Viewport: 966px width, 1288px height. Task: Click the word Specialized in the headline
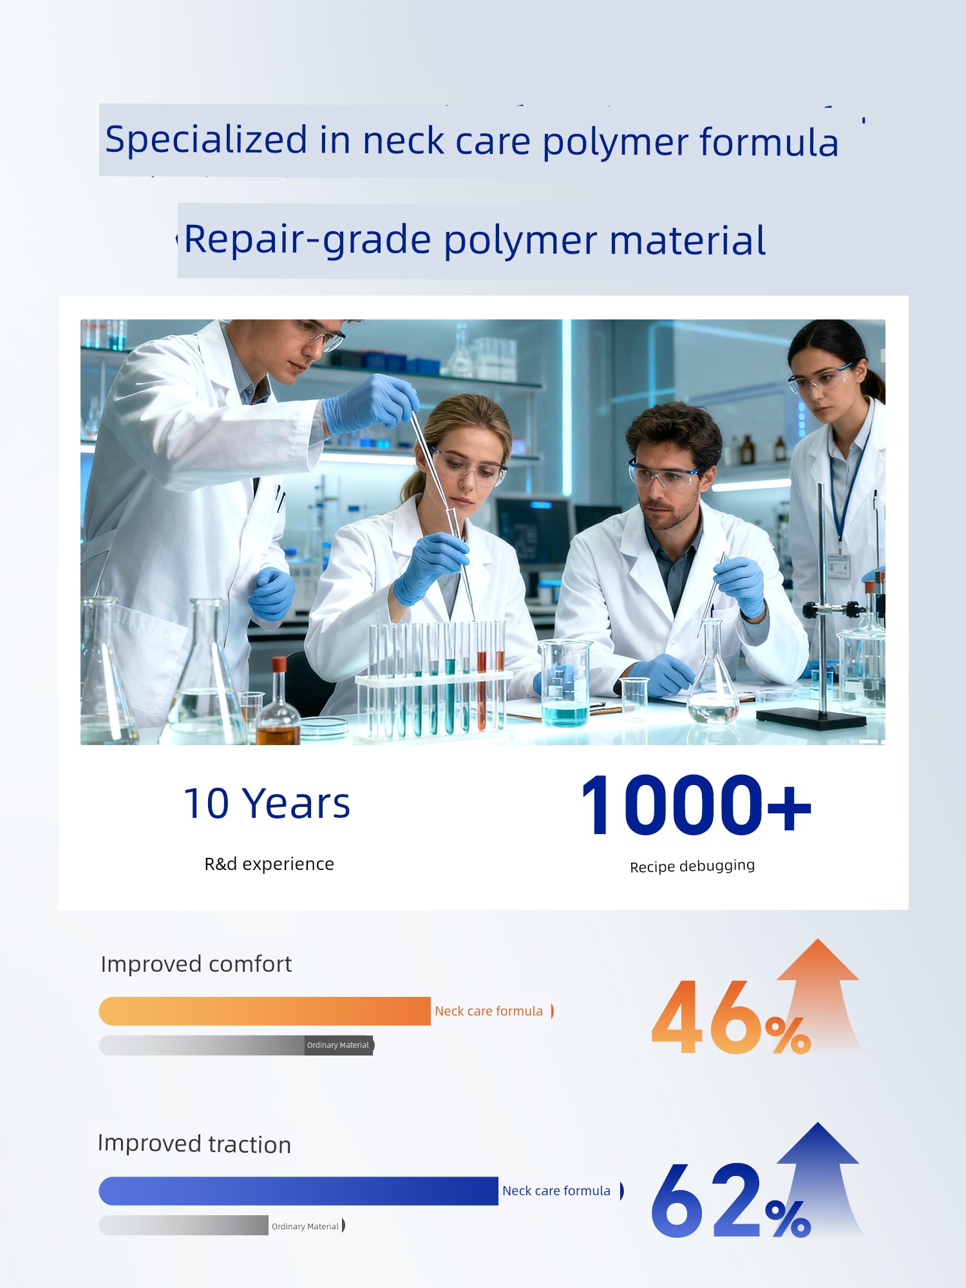pyautogui.click(x=206, y=140)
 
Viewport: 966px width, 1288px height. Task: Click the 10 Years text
pyautogui.click(x=267, y=803)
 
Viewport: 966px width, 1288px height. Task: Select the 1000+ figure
pyautogui.click(x=696, y=805)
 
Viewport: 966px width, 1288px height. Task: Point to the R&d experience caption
pyautogui.click(x=269, y=864)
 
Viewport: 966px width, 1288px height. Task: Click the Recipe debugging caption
pyautogui.click(x=692, y=866)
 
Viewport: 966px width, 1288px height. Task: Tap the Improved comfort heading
pyautogui.click(x=196, y=964)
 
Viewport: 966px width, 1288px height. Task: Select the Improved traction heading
pyautogui.click(x=194, y=1144)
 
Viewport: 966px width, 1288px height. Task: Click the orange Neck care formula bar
pyautogui.click(x=265, y=1011)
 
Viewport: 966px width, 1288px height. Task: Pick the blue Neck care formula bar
pyautogui.click(x=299, y=1191)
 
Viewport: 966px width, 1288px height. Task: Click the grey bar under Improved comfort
pyautogui.click(x=236, y=1045)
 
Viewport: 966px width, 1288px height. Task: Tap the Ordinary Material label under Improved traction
pyautogui.click(x=305, y=1226)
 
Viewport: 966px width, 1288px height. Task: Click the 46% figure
pyautogui.click(x=731, y=1018)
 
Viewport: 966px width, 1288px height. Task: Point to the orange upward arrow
pyautogui.click(x=819, y=995)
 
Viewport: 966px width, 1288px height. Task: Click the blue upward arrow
pyautogui.click(x=819, y=1179)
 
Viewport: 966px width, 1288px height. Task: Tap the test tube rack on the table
pyautogui.click(x=435, y=679)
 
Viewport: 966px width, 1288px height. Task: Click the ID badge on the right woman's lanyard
pyautogui.click(x=839, y=565)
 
